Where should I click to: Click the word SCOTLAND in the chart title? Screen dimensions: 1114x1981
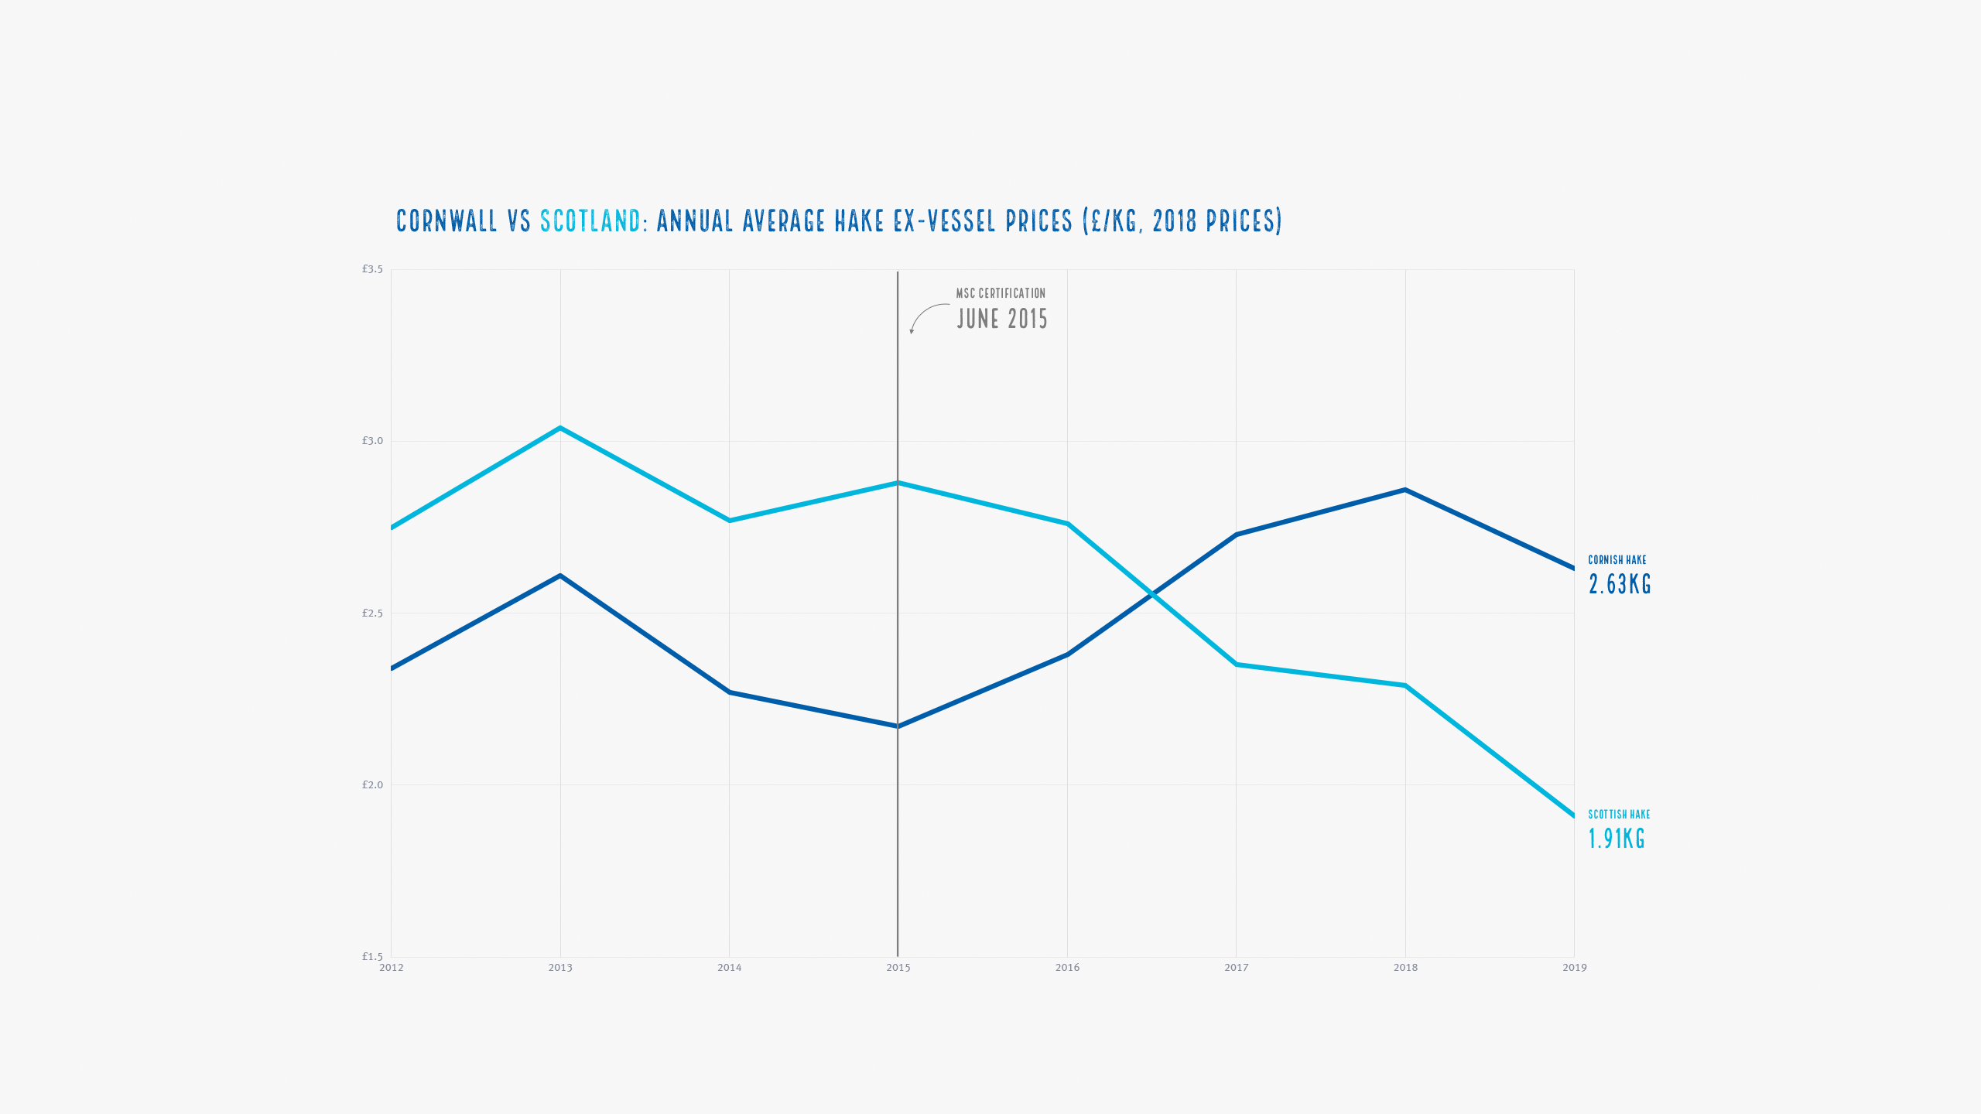tap(590, 221)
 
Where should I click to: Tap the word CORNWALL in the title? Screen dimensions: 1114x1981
tap(446, 221)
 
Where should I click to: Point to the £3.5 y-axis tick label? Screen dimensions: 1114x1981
tap(372, 269)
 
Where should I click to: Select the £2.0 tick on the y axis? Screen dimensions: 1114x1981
tap(372, 785)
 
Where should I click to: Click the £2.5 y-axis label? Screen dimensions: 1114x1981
tap(372, 613)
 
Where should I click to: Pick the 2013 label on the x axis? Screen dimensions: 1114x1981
tap(560, 968)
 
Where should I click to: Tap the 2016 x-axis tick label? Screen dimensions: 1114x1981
tap(1067, 968)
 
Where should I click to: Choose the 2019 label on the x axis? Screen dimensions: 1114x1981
tap(1574, 968)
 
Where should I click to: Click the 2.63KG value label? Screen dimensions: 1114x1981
tap(1620, 584)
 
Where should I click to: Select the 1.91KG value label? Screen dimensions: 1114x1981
tap(1617, 839)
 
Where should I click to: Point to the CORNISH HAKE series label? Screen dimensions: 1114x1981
tap(1617, 560)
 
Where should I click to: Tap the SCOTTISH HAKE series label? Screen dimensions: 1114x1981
tap(1619, 815)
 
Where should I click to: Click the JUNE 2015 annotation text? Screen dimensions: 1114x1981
tap(1002, 319)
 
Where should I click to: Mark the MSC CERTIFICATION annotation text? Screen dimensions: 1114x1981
tap(1001, 294)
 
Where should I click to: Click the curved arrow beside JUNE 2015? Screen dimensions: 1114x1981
tap(925, 315)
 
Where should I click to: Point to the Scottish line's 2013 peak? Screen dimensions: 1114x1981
tap(560, 428)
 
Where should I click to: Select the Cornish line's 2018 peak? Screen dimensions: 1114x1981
tap(1405, 490)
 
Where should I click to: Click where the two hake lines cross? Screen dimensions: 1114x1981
tap(1153, 595)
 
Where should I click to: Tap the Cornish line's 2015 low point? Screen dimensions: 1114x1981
tap(898, 726)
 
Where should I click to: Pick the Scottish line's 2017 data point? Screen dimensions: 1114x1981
tap(1236, 665)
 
